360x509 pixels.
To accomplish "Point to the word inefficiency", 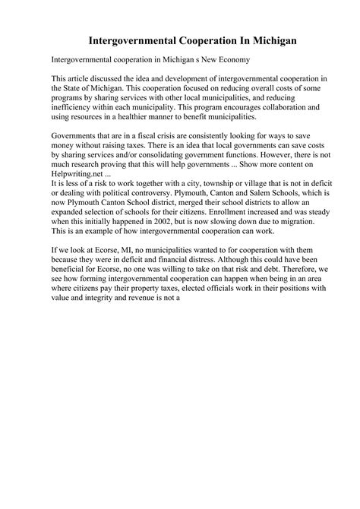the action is click(x=77, y=108).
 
